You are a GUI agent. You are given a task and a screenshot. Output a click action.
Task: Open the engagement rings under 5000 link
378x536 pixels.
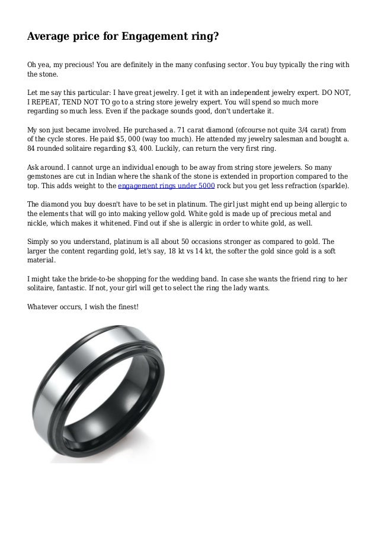point(166,185)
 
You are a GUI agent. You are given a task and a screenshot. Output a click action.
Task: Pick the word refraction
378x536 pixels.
point(290,185)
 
